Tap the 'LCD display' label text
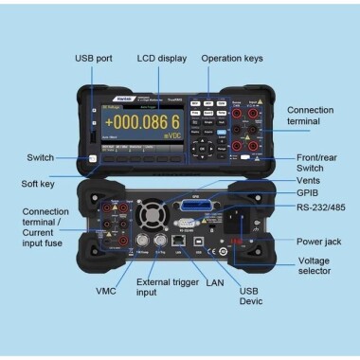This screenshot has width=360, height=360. point(161,59)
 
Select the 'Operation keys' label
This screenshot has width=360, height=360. point(232,59)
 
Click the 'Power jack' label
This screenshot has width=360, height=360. point(304,242)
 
